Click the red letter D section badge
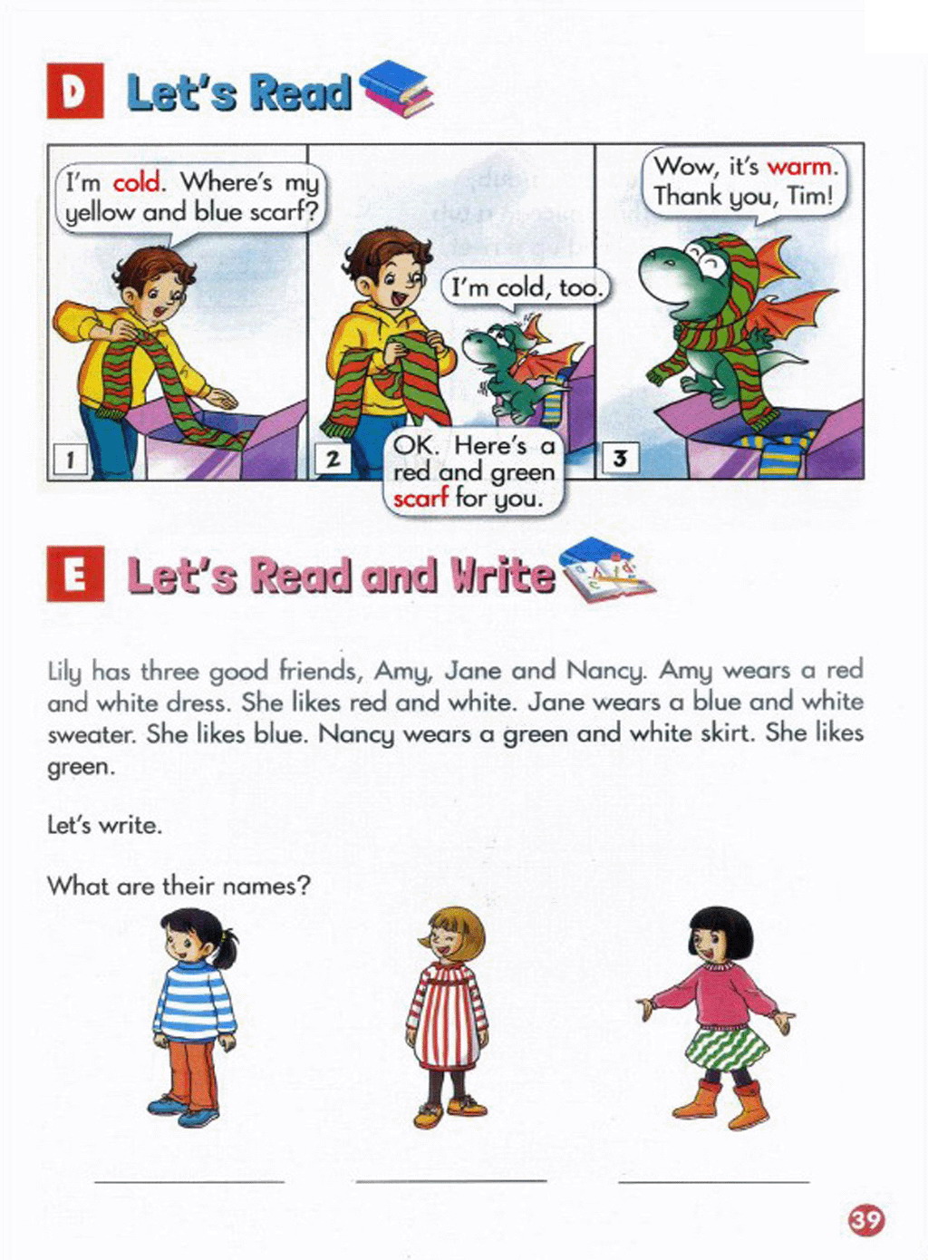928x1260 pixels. (x=75, y=91)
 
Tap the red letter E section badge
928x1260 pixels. (x=75, y=574)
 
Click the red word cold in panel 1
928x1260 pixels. (x=137, y=183)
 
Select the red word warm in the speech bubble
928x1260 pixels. (x=799, y=167)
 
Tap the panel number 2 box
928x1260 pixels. (x=333, y=460)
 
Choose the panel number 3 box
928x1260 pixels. (x=620, y=459)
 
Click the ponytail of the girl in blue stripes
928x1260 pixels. (x=227, y=945)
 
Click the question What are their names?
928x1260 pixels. (x=179, y=887)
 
